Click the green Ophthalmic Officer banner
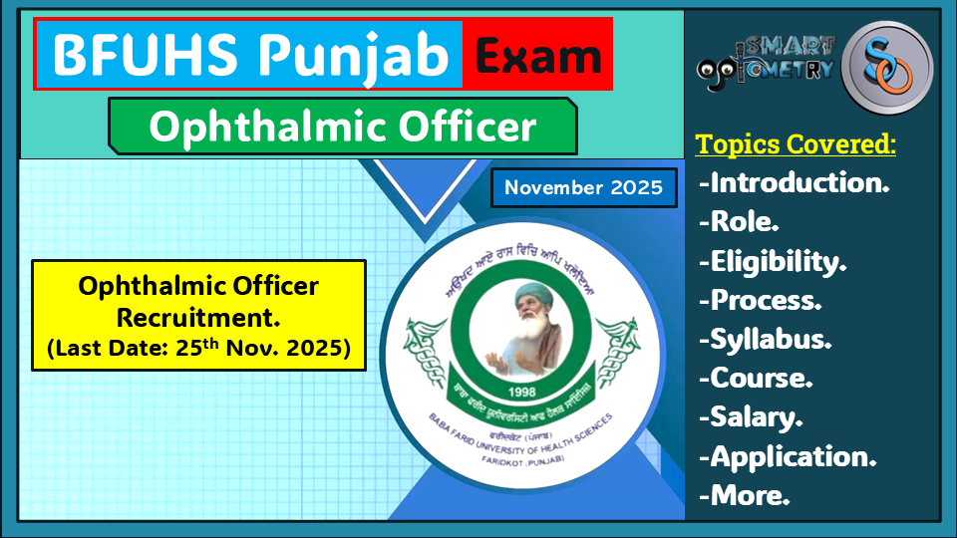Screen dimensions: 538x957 point(342,127)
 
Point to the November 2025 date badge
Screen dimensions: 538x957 point(584,187)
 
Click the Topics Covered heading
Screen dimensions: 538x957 point(796,144)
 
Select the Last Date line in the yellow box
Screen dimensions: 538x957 point(198,351)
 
